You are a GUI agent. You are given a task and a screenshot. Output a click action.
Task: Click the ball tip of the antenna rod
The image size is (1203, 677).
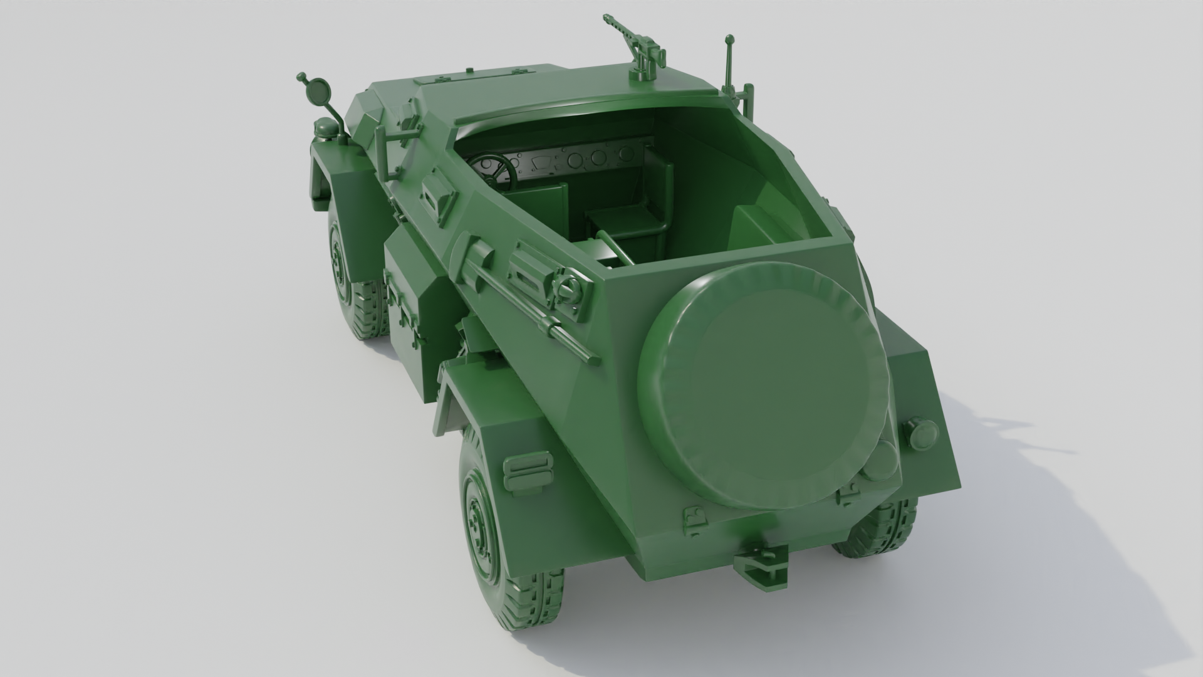729,39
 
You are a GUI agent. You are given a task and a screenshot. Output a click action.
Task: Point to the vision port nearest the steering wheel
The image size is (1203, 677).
437,195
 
